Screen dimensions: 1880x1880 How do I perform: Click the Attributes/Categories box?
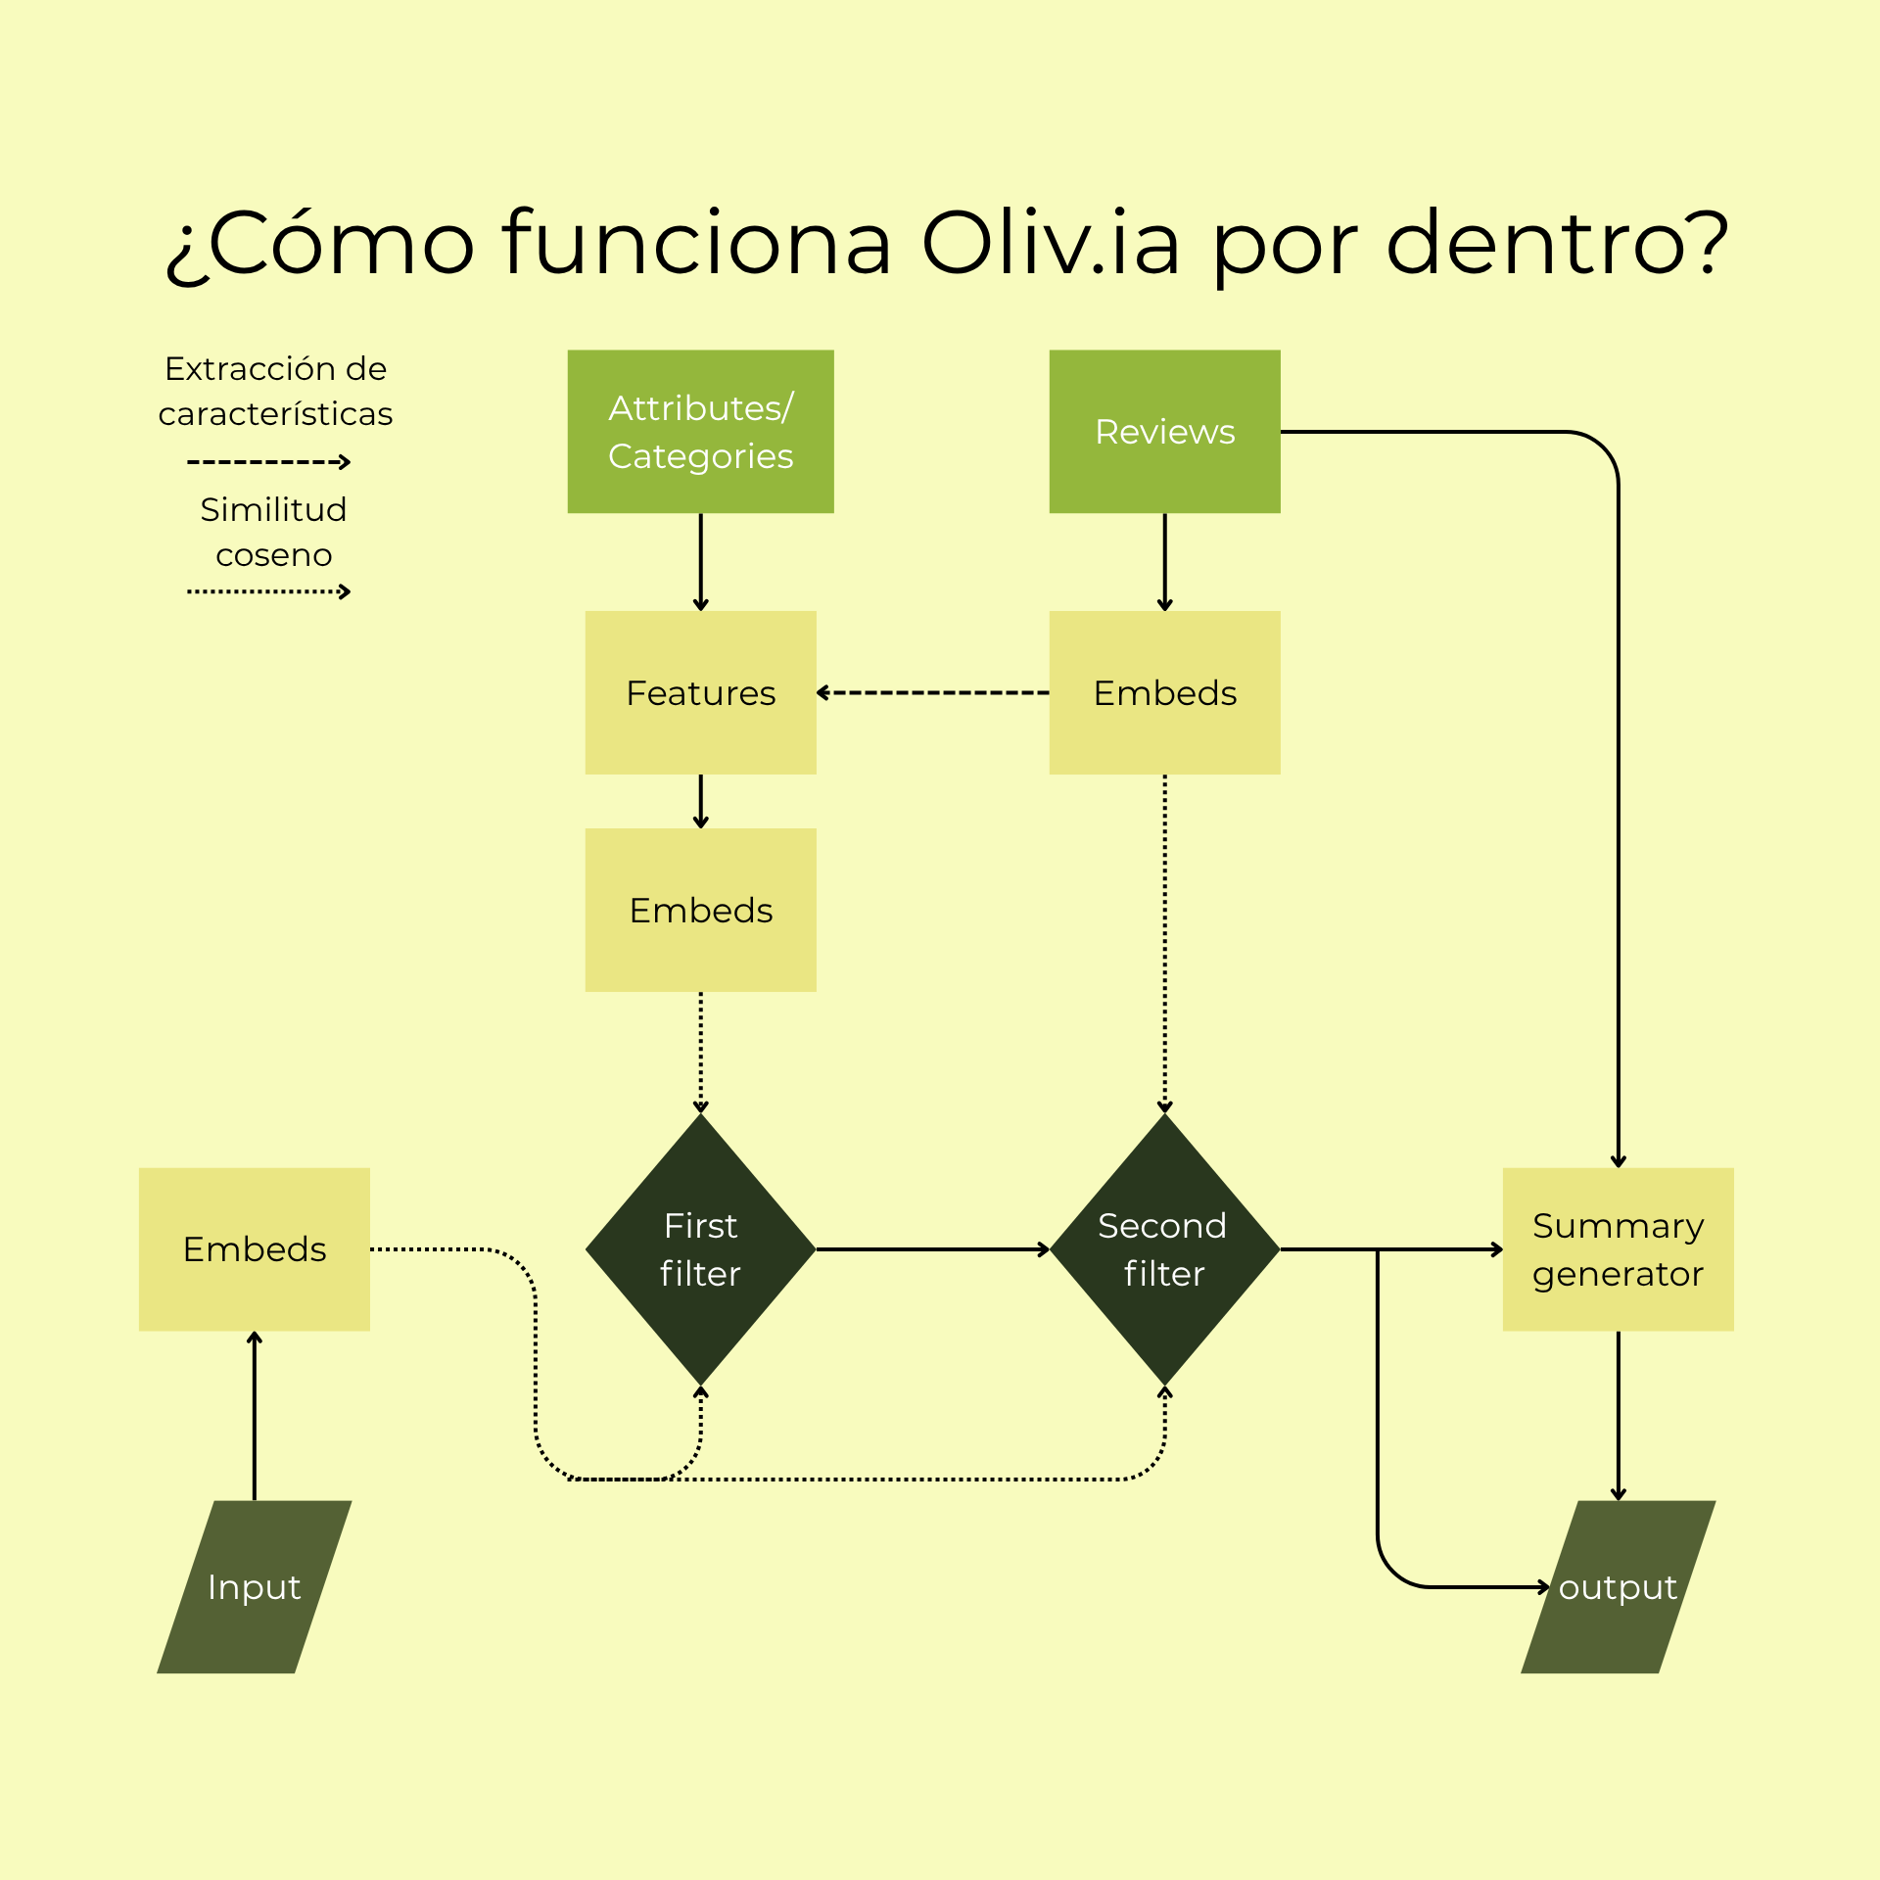pyautogui.click(x=700, y=431)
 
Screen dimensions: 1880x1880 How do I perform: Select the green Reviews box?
pyautogui.click(x=1164, y=431)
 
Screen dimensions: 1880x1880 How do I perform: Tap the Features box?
pyautogui.click(x=700, y=692)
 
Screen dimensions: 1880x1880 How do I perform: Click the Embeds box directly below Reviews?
pyautogui.click(x=1164, y=692)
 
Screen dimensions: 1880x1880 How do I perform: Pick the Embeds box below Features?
pyautogui.click(x=700, y=910)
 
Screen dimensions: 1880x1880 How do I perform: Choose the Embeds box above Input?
pyautogui.click(x=255, y=1248)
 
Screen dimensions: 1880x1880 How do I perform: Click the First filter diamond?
pyautogui.click(x=700, y=1248)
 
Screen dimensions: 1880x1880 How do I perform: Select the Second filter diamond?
pyautogui.click(x=1164, y=1248)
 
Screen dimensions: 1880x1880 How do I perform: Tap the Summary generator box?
pyautogui.click(x=1618, y=1248)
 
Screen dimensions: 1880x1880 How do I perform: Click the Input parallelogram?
pyautogui.click(x=255, y=1586)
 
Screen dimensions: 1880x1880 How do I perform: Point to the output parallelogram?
pyautogui.click(x=1618, y=1586)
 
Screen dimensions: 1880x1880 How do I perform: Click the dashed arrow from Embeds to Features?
pyautogui.click(x=932, y=692)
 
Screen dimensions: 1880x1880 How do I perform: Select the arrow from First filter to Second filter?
pyautogui.click(x=932, y=1249)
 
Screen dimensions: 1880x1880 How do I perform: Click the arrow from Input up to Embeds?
pyautogui.click(x=255, y=1415)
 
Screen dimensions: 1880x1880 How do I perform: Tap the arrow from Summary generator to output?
pyautogui.click(x=1618, y=1415)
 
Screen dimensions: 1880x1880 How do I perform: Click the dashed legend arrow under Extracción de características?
pyautogui.click(x=268, y=461)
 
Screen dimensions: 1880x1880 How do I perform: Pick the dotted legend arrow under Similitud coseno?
pyautogui.click(x=268, y=591)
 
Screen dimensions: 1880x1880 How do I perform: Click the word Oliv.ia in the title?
pyautogui.click(x=1050, y=243)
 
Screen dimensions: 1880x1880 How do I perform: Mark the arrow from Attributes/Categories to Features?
pyautogui.click(x=700, y=561)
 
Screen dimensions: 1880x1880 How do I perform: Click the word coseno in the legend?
pyautogui.click(x=273, y=555)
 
